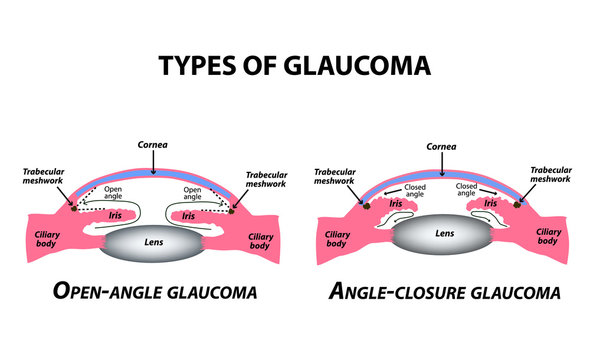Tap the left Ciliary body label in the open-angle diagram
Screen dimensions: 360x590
35,237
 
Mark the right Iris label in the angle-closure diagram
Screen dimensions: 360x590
491,203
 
